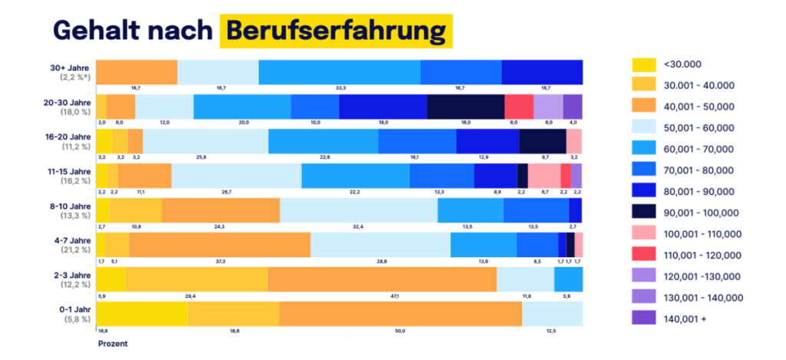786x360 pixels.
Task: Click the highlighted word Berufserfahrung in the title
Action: point(335,30)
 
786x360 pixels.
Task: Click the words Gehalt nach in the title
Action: point(131,30)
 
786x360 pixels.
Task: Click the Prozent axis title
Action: point(112,344)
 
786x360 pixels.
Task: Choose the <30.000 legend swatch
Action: point(643,64)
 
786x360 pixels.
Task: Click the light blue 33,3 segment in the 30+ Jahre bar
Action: point(339,72)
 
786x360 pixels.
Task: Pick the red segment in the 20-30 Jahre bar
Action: point(518,107)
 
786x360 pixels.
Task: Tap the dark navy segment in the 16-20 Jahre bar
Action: point(542,141)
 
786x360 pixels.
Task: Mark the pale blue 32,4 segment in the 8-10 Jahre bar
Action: point(358,210)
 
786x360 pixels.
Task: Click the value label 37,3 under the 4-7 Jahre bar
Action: point(220,262)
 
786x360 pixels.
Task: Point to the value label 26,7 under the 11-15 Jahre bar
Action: point(226,192)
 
